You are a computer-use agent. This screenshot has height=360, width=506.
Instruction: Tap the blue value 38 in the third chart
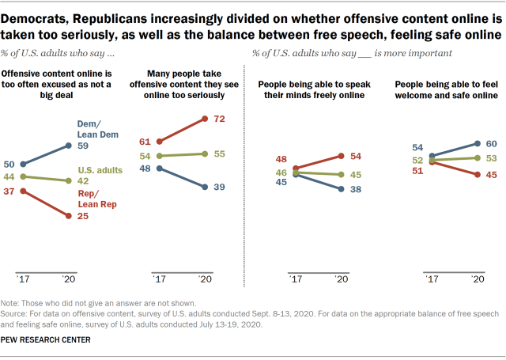pyautogui.click(x=356, y=190)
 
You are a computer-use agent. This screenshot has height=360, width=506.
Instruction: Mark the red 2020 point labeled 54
pyautogui.click(x=340, y=156)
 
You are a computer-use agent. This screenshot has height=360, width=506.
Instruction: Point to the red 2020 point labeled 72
pyautogui.click(x=206, y=119)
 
